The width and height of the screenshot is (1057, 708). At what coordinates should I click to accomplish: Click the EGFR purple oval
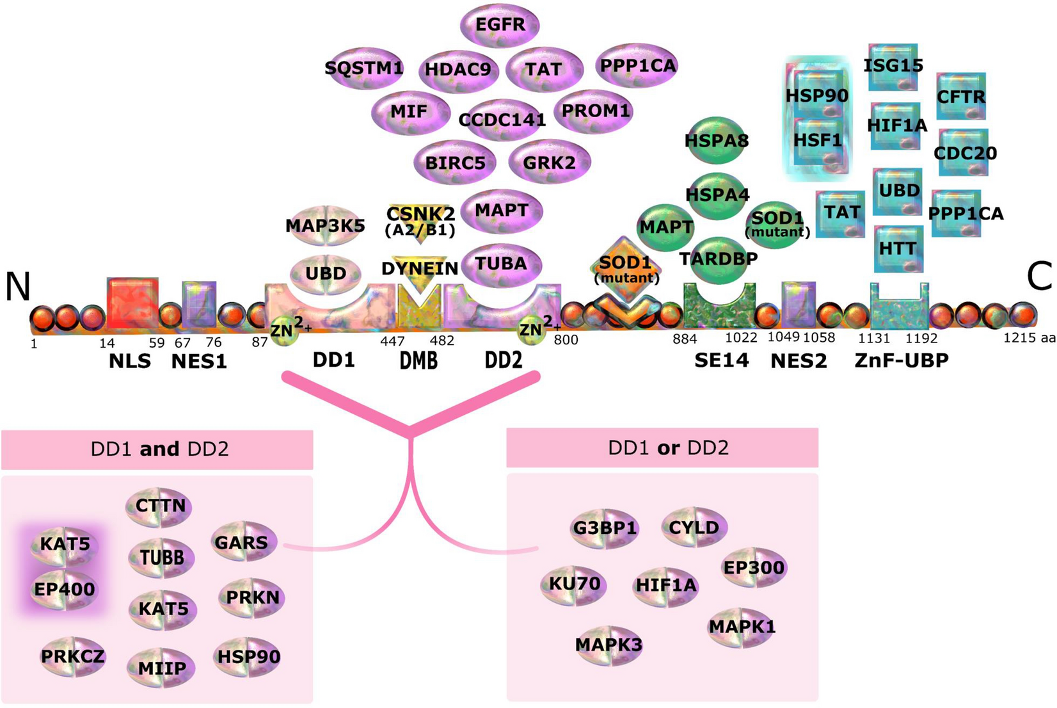click(x=500, y=24)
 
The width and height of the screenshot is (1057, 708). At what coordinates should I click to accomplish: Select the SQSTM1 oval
click(x=364, y=68)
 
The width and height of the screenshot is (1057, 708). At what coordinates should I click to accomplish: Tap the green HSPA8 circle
click(x=717, y=140)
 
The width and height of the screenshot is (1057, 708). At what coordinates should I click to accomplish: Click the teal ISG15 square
click(x=893, y=66)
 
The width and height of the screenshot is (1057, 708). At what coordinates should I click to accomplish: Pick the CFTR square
click(x=960, y=97)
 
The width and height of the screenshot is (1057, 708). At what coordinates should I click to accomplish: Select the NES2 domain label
click(x=798, y=361)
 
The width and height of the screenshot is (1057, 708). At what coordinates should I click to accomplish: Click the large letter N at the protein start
click(x=18, y=286)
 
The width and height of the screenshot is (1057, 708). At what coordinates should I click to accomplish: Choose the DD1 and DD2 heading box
click(x=157, y=449)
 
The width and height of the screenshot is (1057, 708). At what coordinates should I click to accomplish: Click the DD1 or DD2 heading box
click(x=662, y=447)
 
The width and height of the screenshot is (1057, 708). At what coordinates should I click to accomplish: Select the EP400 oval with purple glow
click(x=64, y=589)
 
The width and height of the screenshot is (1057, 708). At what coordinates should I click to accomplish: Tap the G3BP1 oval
click(x=605, y=528)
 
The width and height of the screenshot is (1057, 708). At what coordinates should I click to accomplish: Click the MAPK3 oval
click(x=608, y=645)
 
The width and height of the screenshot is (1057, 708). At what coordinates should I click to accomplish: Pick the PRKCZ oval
click(x=72, y=656)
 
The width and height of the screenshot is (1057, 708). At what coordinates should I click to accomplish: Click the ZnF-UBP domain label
click(x=902, y=361)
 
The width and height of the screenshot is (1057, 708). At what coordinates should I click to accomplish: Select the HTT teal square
click(x=898, y=248)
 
